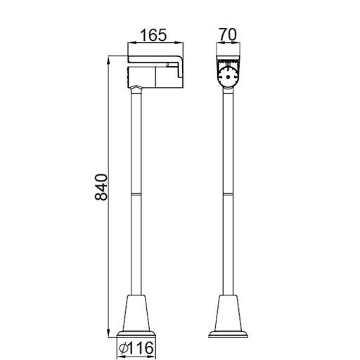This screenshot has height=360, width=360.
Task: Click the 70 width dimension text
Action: [227, 33]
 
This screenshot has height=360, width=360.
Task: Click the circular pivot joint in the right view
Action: [228, 77]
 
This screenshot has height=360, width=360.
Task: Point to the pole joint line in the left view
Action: [136, 193]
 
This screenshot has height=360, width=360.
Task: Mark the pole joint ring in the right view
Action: [228, 193]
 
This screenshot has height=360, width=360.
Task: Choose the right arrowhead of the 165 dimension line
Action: [179, 45]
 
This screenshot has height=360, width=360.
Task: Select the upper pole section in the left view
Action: [136, 141]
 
